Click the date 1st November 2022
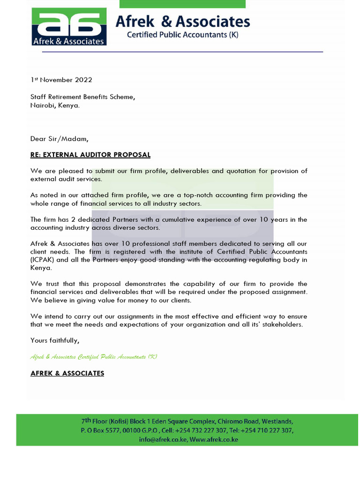coord(61,80)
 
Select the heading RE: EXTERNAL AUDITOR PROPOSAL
coord(90,155)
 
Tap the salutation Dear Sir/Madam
coord(59,139)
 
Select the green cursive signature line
coord(94,357)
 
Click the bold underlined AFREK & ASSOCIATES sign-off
coord(67,374)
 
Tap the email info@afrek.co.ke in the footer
coord(163,440)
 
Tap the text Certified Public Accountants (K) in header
coord(183,35)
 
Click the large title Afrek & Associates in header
coord(183,21)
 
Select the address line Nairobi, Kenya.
coord(55,105)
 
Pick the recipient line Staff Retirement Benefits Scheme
coord(83,97)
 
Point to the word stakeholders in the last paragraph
coord(283,324)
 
